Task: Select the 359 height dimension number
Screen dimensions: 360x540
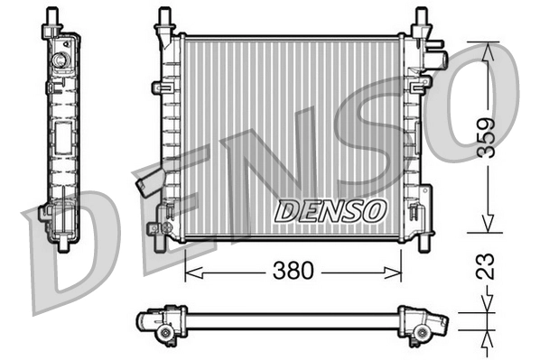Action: click(486, 137)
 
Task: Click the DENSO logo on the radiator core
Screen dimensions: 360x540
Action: click(330, 210)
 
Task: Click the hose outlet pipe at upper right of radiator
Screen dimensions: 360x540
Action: click(439, 60)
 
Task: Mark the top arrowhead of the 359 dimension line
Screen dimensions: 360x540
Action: click(486, 47)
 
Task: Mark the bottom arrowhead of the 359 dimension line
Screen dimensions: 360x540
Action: click(486, 227)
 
